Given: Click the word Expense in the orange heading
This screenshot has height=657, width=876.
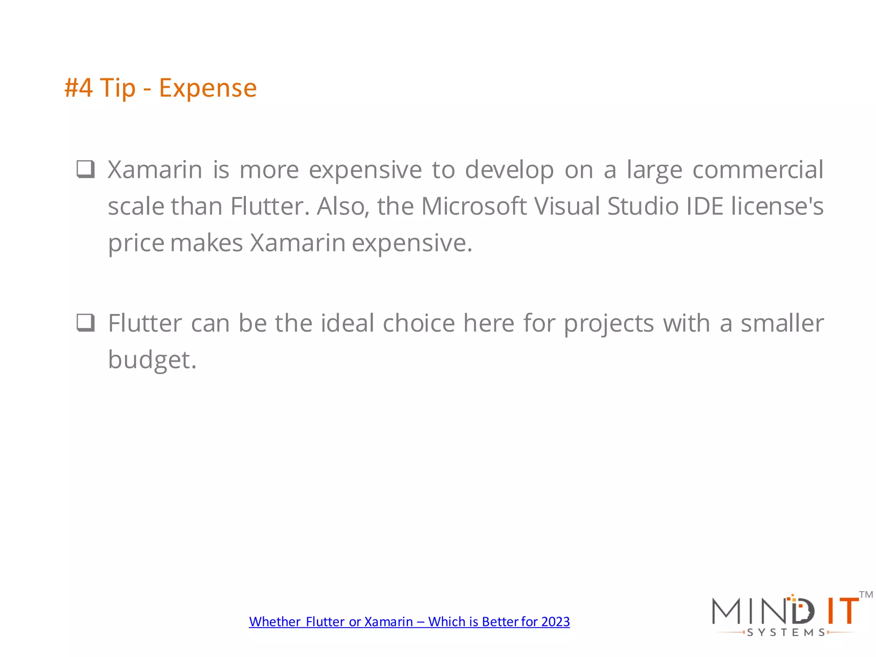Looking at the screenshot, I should tap(208, 88).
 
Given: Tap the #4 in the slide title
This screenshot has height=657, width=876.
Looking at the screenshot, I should tap(78, 88).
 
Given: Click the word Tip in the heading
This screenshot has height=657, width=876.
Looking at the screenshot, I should tap(118, 89).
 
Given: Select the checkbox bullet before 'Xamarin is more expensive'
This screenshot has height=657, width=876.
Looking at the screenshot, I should tap(86, 169).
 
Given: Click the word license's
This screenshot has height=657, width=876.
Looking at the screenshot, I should tap(777, 206).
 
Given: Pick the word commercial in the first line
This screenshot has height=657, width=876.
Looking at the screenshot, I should tap(758, 170).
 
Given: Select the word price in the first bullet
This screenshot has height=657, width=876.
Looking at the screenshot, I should tap(136, 243).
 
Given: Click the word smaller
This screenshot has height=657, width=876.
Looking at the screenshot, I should tap(782, 323).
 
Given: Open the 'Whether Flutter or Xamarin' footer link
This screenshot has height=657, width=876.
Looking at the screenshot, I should tap(409, 621).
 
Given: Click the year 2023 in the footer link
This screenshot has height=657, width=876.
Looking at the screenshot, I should tap(555, 621).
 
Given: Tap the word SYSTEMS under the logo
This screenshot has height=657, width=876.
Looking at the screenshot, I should tap(786, 632).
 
